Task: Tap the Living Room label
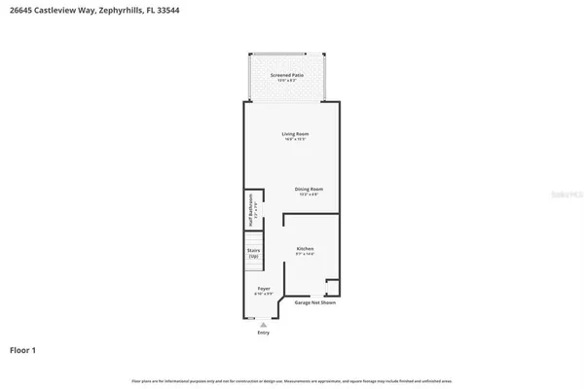(295, 134)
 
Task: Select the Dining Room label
(310, 189)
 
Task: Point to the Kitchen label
(306, 249)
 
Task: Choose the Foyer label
(264, 289)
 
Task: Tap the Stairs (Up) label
(254, 253)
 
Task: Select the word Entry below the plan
(263, 333)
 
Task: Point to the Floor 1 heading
(24, 349)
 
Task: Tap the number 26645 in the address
(22, 11)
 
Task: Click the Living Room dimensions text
(295, 140)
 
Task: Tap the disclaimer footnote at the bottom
(292, 380)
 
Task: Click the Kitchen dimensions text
(306, 255)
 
